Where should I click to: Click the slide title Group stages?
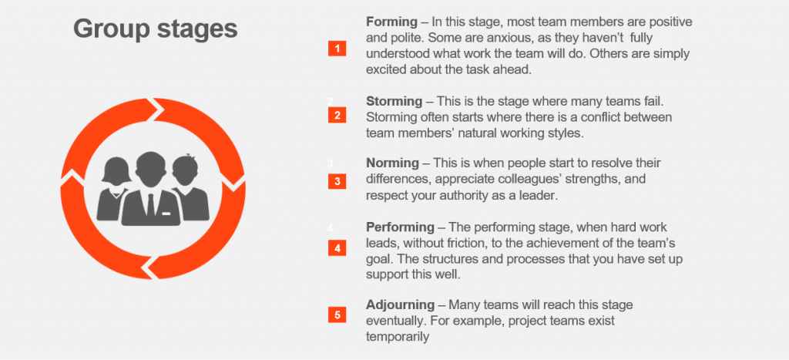[x=156, y=29]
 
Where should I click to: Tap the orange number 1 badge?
[x=337, y=49]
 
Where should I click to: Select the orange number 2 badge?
[x=337, y=116]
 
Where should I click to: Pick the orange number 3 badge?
[x=337, y=181]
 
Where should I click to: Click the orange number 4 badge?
[x=337, y=248]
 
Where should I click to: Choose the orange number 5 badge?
[x=337, y=315]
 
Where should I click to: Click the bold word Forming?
[x=392, y=22]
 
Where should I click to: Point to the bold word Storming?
[x=394, y=101]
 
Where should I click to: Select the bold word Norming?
[x=392, y=163]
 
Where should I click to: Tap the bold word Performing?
[x=400, y=227]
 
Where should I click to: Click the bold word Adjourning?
[x=400, y=304]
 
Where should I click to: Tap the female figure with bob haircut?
[x=115, y=190]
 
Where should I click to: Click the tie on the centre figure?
[x=151, y=204]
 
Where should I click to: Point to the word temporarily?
[x=398, y=336]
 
